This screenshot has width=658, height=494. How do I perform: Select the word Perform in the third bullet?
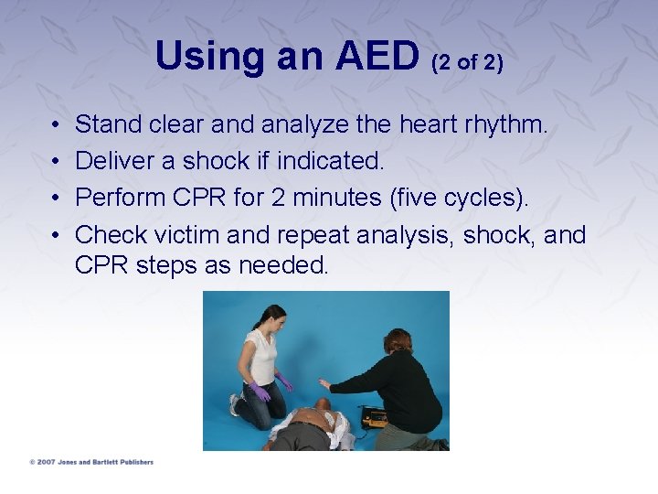pos(117,198)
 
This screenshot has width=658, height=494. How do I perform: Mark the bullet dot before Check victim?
pos(56,235)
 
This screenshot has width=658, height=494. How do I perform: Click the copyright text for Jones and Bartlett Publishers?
pos(91,462)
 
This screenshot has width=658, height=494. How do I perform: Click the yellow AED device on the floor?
pos(373,418)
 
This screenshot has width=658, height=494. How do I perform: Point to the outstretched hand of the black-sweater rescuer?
pos(324,384)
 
